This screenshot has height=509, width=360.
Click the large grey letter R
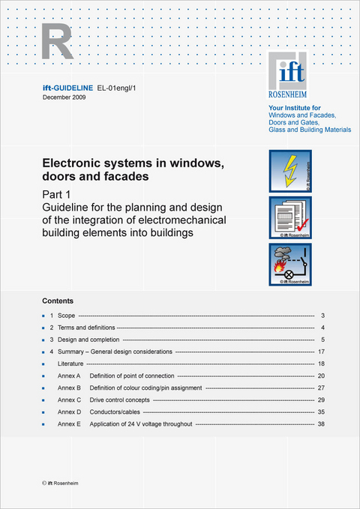(58, 41)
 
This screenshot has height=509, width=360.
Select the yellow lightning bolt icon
(289, 171)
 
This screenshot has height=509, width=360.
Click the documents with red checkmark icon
(289, 217)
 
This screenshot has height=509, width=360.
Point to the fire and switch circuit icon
(289, 264)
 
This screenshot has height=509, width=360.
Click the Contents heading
(58, 301)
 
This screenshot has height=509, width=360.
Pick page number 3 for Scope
(322, 316)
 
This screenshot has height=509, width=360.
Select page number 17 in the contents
(320, 352)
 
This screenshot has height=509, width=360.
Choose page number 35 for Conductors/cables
(320, 412)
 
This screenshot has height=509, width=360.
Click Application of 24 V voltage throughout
(141, 424)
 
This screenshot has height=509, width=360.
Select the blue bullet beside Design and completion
(44, 340)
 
